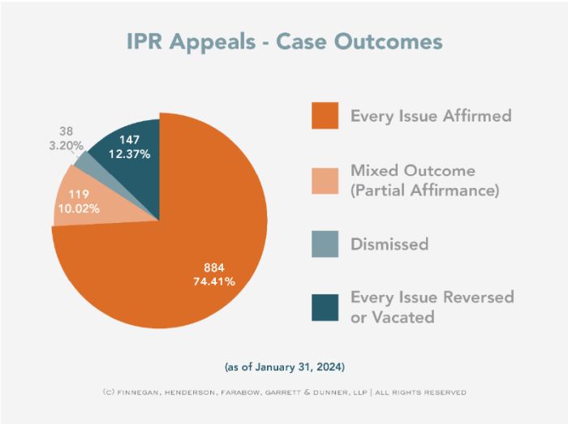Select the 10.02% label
pyautogui.click(x=77, y=208)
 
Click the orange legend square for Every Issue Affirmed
pyautogui.click(x=325, y=115)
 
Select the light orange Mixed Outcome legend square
pyautogui.click(x=325, y=181)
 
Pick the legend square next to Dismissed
pyautogui.click(x=325, y=243)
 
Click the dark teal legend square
pyautogui.click(x=325, y=306)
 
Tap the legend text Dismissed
pyautogui.click(x=389, y=244)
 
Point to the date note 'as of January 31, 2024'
pyautogui.click(x=283, y=366)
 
